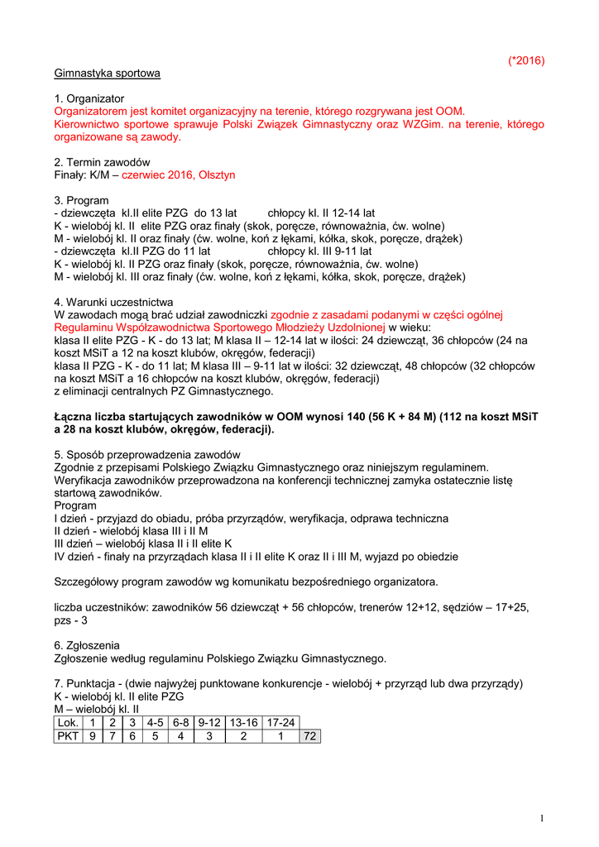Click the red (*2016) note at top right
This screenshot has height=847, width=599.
point(526,60)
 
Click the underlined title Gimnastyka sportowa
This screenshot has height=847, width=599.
point(107,73)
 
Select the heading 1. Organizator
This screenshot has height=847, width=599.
point(89,98)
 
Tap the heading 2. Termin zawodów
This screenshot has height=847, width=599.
point(102,162)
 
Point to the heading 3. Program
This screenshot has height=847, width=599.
point(82,200)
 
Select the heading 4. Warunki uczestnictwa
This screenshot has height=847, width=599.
point(113,302)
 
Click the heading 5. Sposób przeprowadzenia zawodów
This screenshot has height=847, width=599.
point(147,454)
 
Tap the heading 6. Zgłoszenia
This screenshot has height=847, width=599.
point(87,644)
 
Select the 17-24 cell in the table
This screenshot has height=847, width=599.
point(280,722)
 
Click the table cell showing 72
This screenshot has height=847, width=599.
point(310,736)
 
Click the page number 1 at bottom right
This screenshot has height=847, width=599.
point(541,818)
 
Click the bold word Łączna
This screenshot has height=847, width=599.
point(74,417)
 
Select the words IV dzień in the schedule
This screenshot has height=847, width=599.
point(75,557)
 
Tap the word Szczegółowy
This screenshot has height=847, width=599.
point(90,581)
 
